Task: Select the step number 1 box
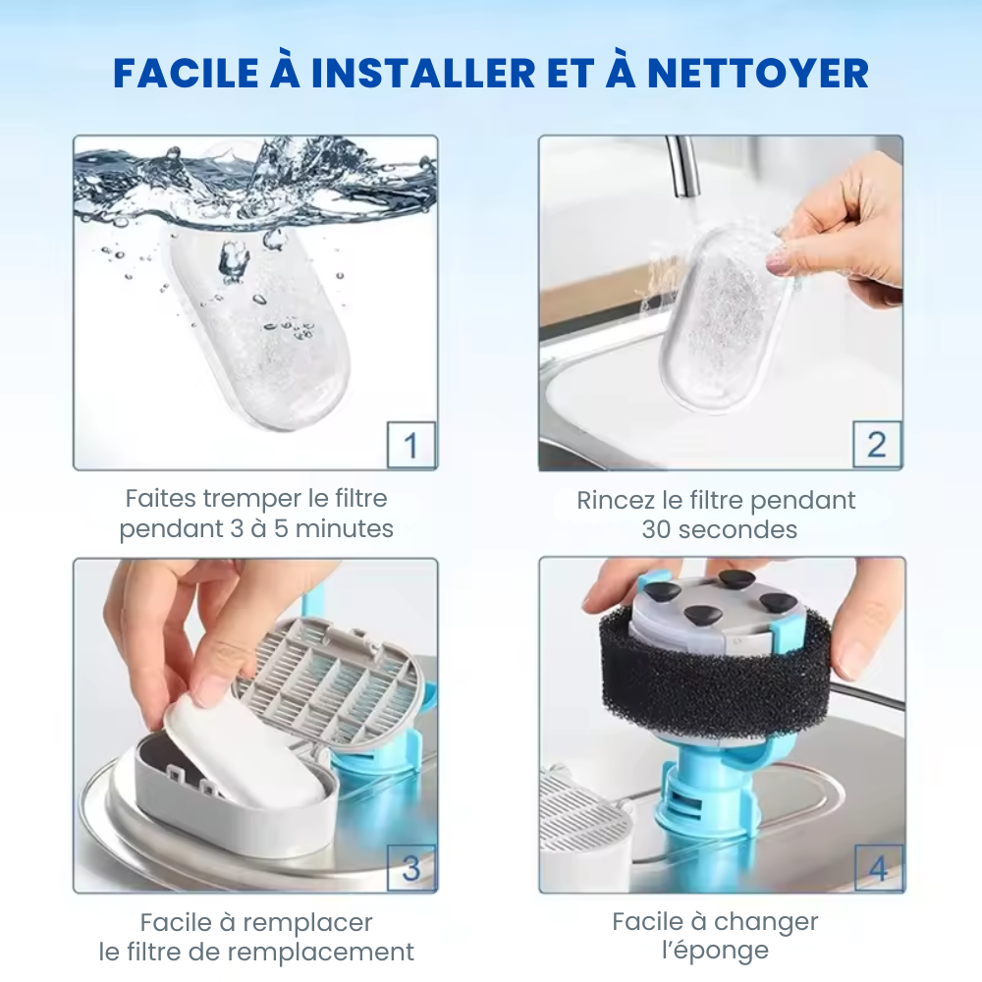point(410,446)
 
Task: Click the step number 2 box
point(875,446)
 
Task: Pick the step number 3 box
point(410,868)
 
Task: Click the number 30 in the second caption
point(659,530)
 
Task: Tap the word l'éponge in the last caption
point(715,952)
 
